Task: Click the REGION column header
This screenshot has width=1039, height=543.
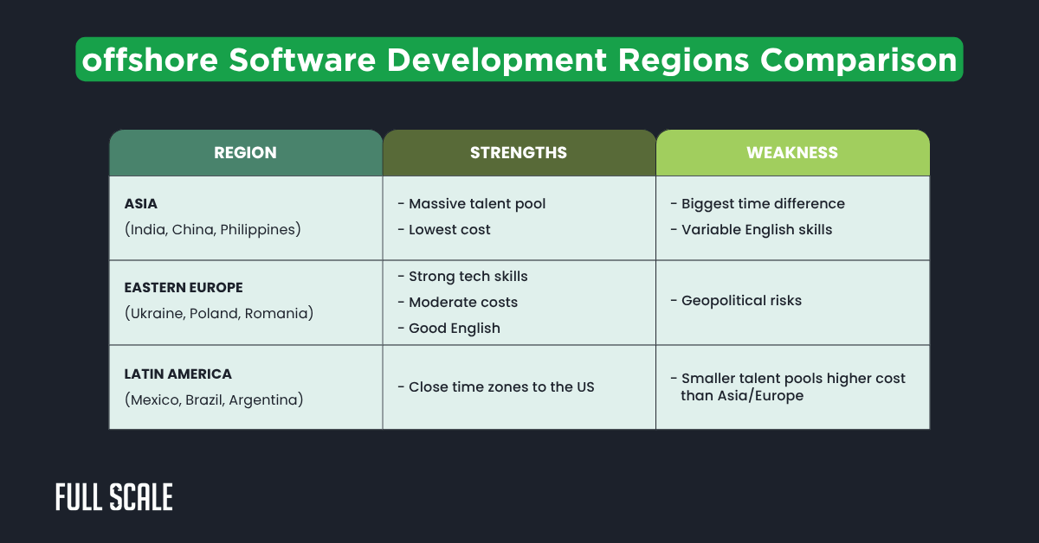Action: click(245, 153)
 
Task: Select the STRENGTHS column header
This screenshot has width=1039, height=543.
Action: click(519, 153)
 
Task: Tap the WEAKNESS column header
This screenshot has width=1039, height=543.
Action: click(792, 153)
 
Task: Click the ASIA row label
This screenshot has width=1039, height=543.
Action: click(140, 204)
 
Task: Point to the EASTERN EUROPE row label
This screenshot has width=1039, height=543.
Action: click(184, 287)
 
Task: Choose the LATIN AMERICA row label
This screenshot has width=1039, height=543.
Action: click(178, 374)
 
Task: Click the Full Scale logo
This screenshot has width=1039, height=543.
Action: click(114, 497)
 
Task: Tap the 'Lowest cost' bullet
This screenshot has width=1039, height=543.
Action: click(449, 230)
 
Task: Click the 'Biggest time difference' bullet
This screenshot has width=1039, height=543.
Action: click(762, 204)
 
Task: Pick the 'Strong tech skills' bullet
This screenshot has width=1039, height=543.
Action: click(468, 277)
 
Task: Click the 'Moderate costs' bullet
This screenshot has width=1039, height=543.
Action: click(462, 303)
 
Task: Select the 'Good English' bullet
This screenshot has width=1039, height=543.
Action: click(454, 329)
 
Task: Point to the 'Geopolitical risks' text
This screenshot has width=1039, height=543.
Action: click(741, 301)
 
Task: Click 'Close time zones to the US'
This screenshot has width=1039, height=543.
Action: click(501, 387)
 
